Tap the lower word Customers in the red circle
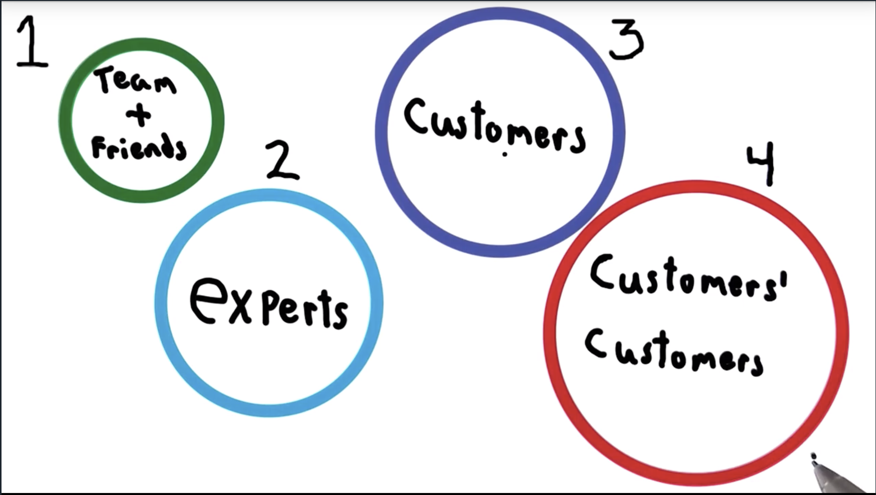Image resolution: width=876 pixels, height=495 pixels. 673,354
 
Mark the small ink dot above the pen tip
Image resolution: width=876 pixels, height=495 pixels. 813,456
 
